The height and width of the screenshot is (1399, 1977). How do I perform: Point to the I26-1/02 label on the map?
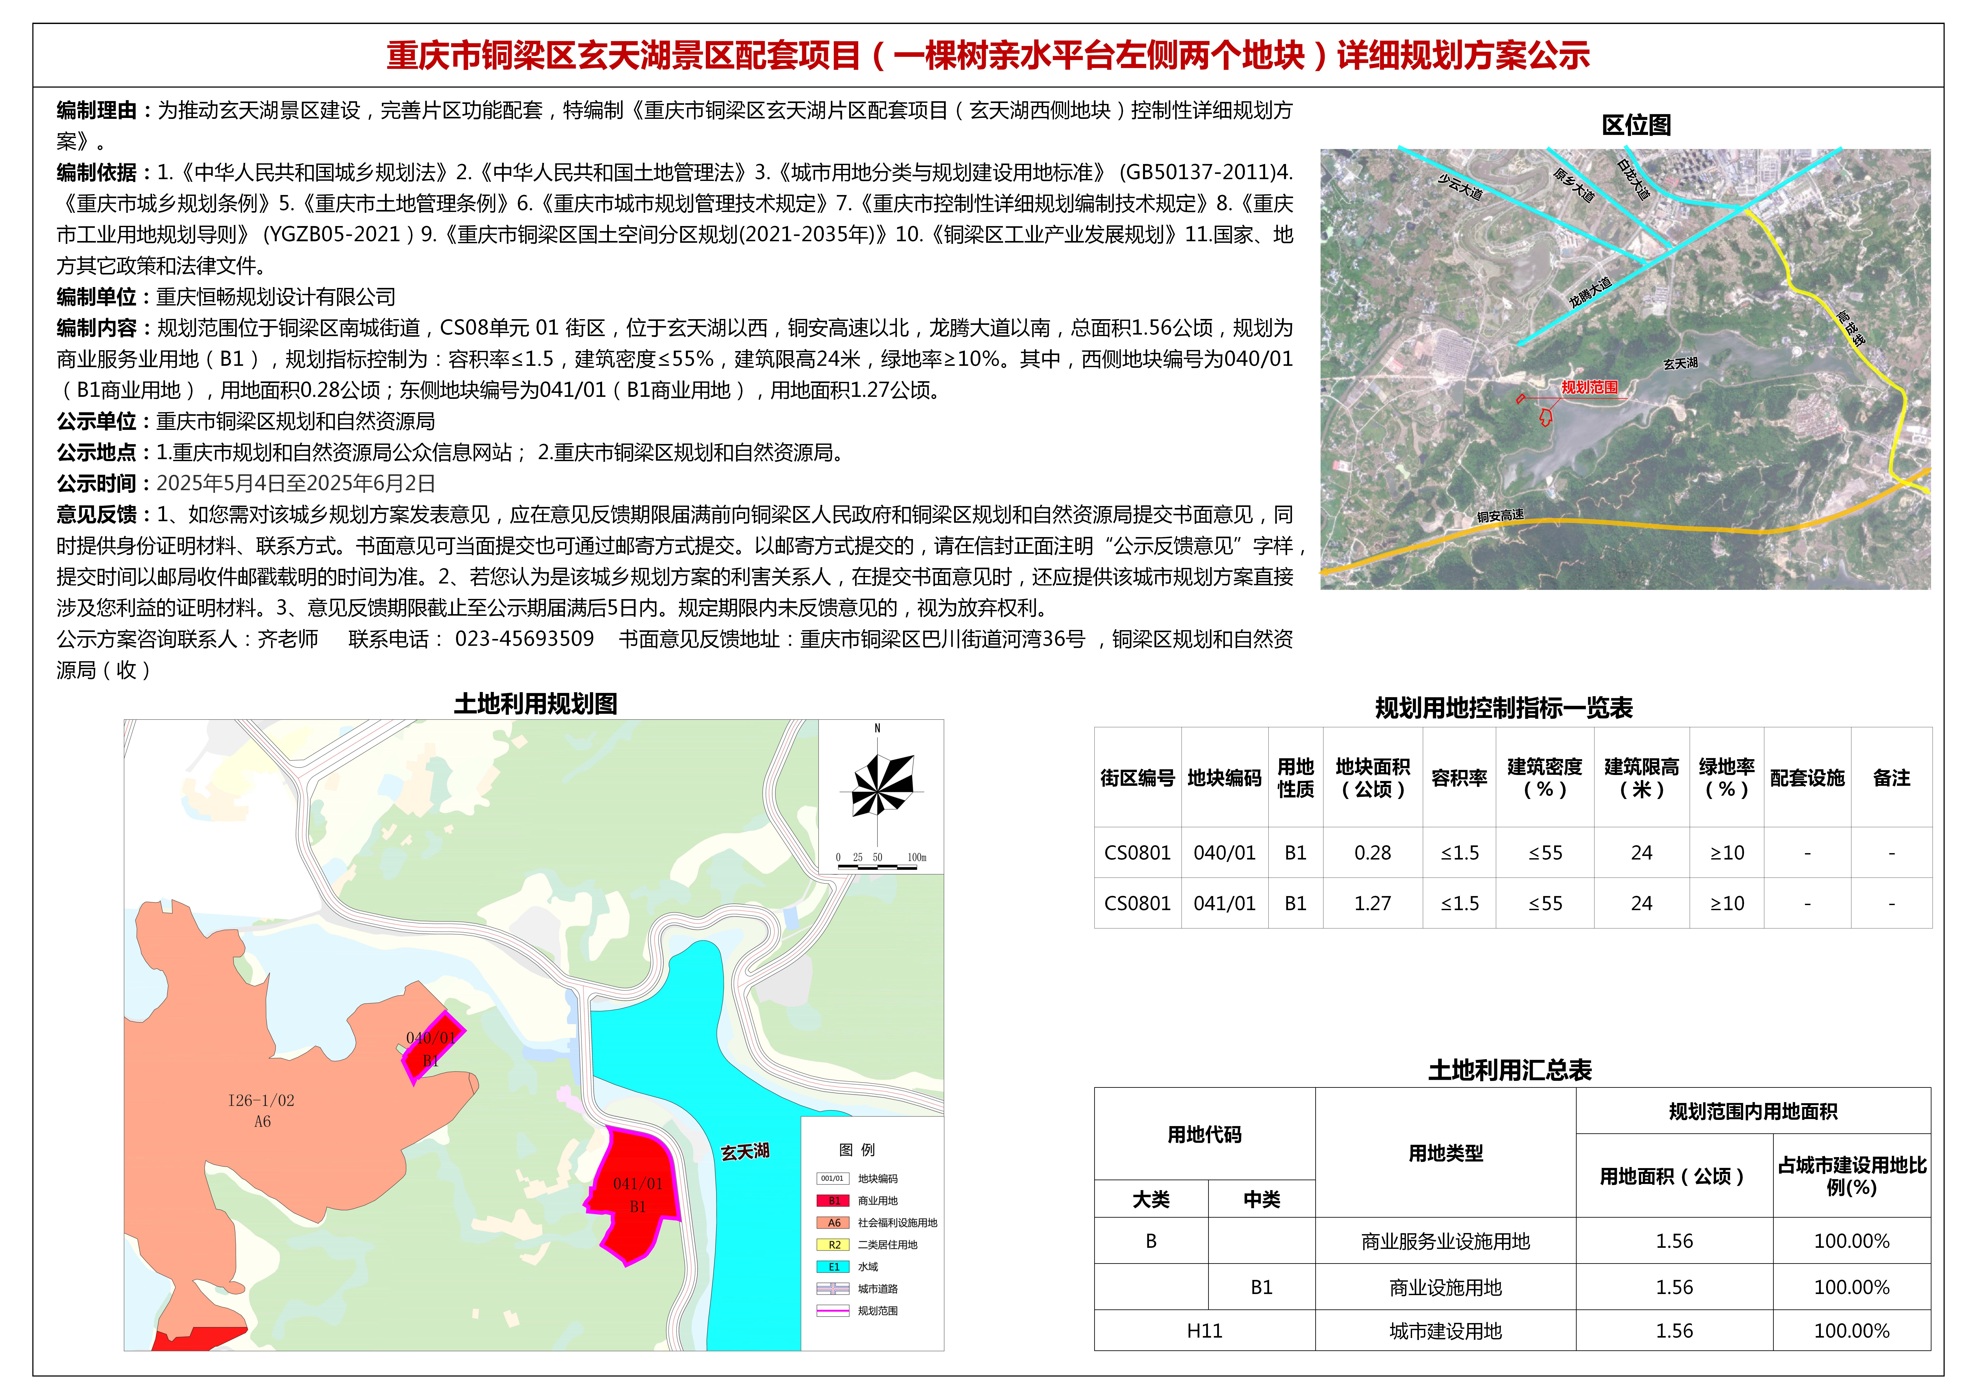click(x=261, y=1100)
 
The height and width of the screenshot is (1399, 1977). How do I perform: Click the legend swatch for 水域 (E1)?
click(x=833, y=1266)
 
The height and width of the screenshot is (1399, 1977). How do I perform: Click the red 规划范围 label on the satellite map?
click(x=1589, y=388)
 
